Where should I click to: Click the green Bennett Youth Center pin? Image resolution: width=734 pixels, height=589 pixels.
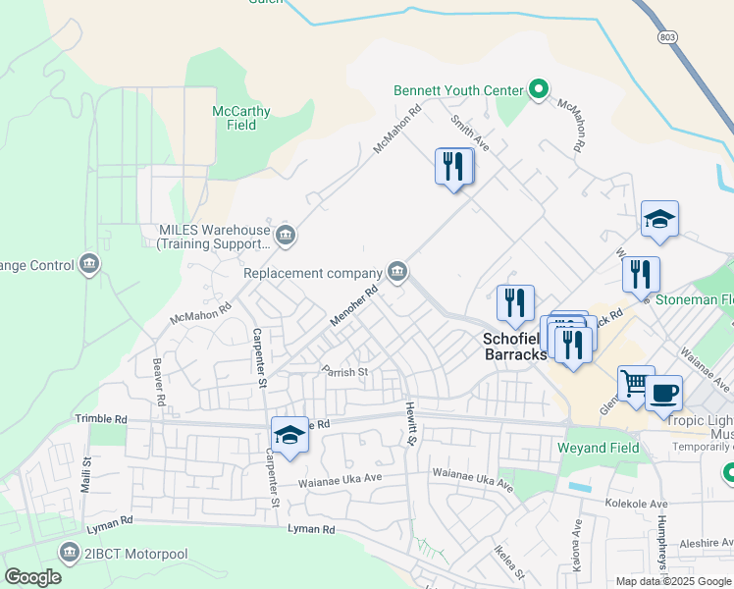point(538,90)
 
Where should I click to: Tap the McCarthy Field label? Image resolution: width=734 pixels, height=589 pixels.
point(241,119)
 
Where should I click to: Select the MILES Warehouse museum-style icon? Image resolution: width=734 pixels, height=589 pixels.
point(286,235)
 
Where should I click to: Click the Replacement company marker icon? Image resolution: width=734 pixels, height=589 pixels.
point(397,271)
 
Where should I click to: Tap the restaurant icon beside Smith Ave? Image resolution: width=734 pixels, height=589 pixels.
point(453,165)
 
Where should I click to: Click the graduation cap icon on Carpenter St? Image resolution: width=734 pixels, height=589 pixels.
point(289,434)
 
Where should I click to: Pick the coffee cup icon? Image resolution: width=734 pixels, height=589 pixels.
point(663,393)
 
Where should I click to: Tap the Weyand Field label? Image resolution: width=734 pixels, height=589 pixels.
point(598,448)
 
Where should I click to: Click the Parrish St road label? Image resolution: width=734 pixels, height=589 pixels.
point(344,372)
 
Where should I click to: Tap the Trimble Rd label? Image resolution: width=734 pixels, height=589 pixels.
point(101,418)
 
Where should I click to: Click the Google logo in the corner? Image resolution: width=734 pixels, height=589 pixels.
point(32,576)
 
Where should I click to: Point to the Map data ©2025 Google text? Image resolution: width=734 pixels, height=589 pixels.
point(672,580)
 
